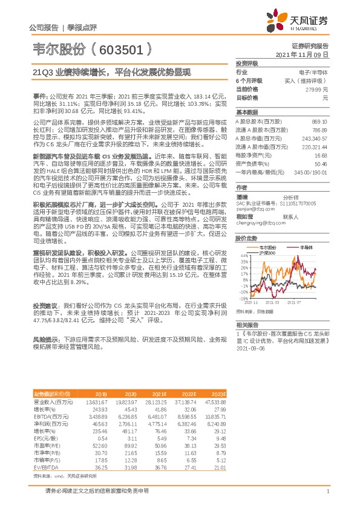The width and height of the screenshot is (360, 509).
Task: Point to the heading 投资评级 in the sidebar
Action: (247, 63)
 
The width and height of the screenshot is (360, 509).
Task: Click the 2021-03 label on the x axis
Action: (272, 302)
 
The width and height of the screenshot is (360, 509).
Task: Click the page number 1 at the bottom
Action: (327, 491)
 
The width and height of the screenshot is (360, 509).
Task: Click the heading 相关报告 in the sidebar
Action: (247, 323)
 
